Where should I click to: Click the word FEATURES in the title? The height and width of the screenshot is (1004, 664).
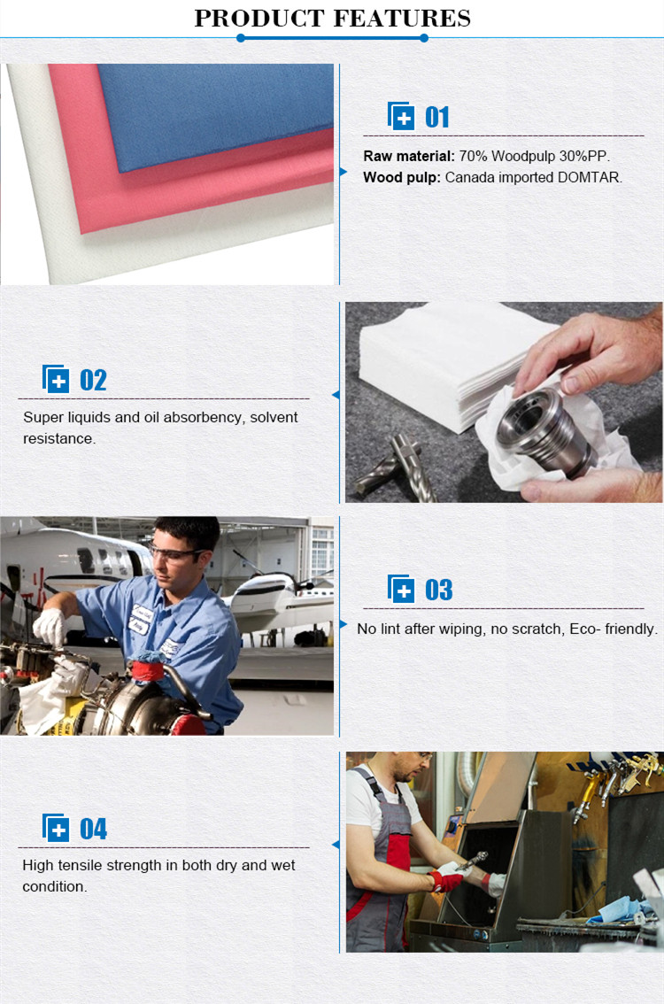click(402, 18)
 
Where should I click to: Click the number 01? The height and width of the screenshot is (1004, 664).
click(437, 117)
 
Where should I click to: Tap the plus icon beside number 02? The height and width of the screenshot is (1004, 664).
click(56, 379)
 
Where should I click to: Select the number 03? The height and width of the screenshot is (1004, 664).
click(438, 590)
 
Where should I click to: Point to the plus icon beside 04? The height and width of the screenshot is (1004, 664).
click(56, 828)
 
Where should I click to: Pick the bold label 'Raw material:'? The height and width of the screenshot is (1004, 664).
click(408, 156)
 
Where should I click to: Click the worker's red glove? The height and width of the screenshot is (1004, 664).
click(445, 880)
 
